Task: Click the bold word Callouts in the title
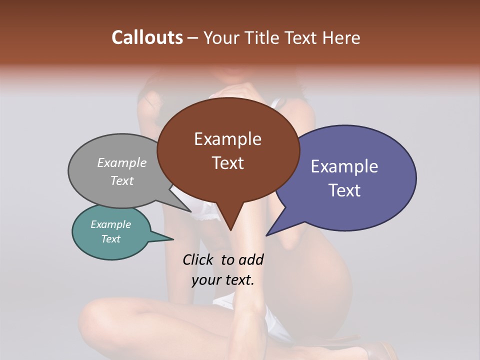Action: click(147, 37)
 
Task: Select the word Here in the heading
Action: click(341, 37)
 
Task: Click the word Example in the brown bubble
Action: click(227, 139)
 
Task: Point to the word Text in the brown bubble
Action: click(227, 163)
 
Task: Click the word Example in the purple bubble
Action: click(344, 166)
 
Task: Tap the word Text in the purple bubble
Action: click(344, 190)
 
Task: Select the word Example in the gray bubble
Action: click(122, 163)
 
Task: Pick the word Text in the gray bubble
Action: click(122, 181)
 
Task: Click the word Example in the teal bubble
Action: click(110, 224)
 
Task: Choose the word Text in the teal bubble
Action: click(110, 239)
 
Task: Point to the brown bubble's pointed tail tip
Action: click(230, 230)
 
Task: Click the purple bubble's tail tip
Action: click(266, 235)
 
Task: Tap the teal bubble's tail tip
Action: click(173, 239)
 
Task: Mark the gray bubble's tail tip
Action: click(191, 211)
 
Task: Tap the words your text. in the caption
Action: click(223, 280)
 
